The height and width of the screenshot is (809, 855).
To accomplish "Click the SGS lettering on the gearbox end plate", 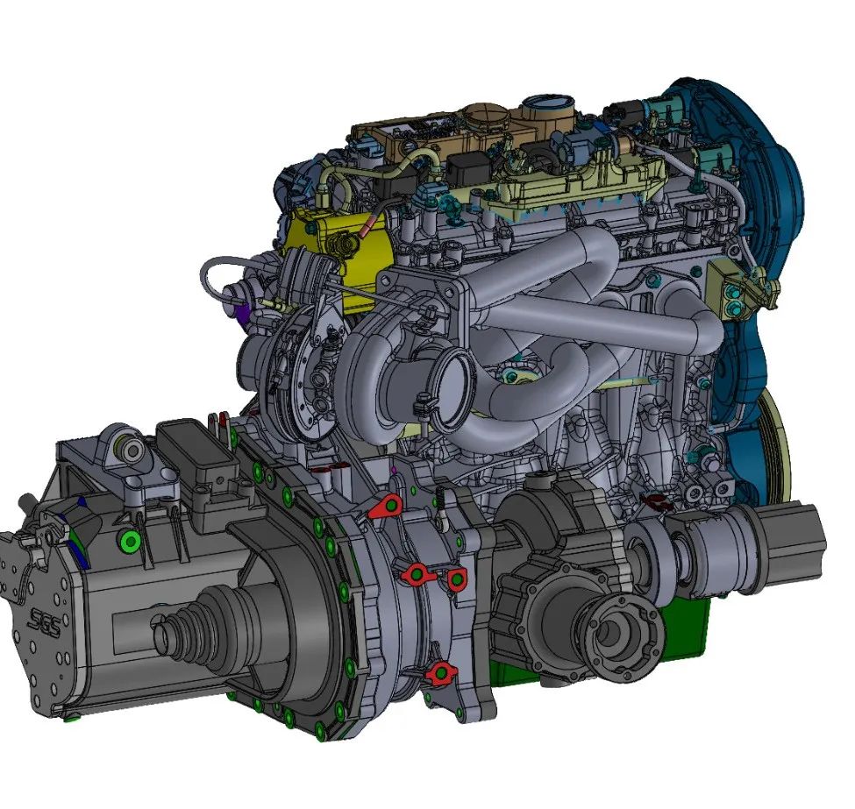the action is click(x=45, y=623).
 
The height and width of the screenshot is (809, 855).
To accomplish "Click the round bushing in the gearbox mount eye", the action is click(x=131, y=451).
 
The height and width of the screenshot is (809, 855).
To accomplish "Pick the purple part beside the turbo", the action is click(x=244, y=312).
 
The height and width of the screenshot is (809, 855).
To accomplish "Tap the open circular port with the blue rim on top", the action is click(x=548, y=103).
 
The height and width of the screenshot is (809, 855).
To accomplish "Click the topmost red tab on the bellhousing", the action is click(x=387, y=507).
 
